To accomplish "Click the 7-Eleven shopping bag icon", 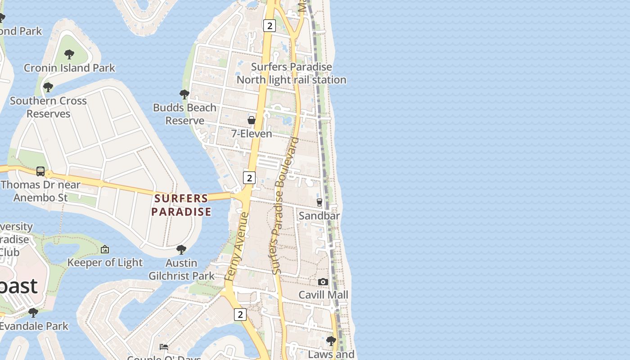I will (x=252, y=120).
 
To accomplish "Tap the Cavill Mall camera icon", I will (x=323, y=282).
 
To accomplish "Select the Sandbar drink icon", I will (x=319, y=202).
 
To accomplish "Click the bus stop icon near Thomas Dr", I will (x=40, y=171).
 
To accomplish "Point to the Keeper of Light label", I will (x=105, y=262).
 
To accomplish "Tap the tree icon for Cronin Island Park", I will (x=69, y=54).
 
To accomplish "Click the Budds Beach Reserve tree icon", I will (x=184, y=94).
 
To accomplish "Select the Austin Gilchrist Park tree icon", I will (x=181, y=249).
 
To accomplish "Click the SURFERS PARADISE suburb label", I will (x=181, y=205).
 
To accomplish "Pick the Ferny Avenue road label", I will (x=237, y=247).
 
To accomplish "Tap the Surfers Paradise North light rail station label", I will (x=292, y=73).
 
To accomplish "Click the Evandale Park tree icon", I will (x=33, y=312).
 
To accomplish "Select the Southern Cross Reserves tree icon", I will (x=48, y=87).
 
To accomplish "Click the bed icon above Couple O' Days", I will (x=164, y=347).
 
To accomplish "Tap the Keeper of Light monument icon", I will (x=105, y=249).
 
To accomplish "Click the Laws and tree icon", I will (x=331, y=341).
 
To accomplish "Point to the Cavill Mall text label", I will (x=324, y=295).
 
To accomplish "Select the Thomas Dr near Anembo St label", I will (x=40, y=191).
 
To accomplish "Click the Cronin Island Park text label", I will (x=69, y=68).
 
